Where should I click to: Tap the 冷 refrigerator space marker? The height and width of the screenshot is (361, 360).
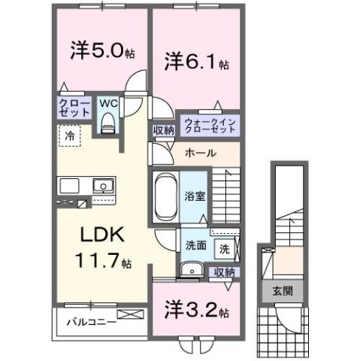(x=69, y=137)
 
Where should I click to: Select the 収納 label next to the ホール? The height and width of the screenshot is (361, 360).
(x=163, y=131)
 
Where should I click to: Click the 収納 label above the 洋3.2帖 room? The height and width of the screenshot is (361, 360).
(x=222, y=272)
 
